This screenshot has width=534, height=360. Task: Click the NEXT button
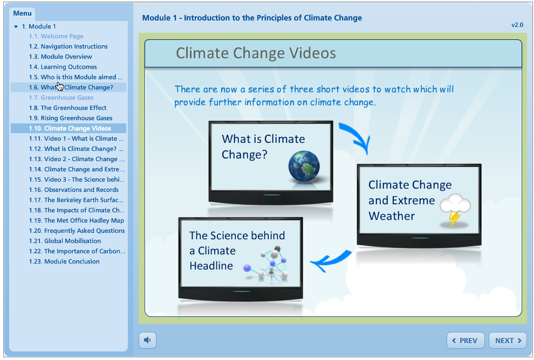(x=508, y=340)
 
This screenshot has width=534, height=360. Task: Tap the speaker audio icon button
(x=147, y=340)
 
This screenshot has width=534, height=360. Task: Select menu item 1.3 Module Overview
(x=60, y=57)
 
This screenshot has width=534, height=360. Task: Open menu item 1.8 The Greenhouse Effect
(x=68, y=108)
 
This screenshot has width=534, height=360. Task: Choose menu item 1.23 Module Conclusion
(x=64, y=261)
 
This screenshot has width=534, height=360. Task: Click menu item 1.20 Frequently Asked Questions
(x=77, y=231)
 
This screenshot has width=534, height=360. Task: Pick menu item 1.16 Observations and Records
(x=74, y=190)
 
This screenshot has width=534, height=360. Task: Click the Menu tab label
(x=23, y=13)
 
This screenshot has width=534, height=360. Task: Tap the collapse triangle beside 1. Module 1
(x=16, y=26)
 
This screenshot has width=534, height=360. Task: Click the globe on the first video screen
(x=304, y=167)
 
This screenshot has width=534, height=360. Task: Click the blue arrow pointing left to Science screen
(x=330, y=261)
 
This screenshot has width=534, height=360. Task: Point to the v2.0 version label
(x=517, y=25)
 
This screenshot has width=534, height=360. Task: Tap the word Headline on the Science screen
(x=211, y=266)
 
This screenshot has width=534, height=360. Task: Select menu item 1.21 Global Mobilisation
(x=65, y=241)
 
